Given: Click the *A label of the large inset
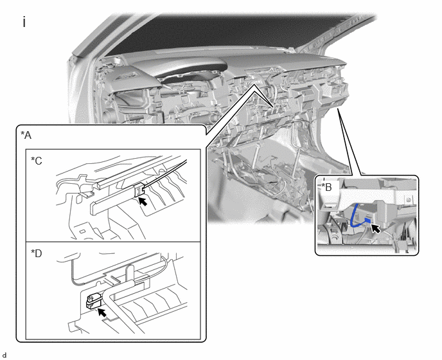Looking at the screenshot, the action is [26, 136].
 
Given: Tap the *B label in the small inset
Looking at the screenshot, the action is [327, 187].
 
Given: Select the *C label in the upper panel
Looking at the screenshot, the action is [37, 161].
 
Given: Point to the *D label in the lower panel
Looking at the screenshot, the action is [37, 253].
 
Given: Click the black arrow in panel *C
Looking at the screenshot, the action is [143, 201].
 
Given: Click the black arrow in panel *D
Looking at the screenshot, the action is [102, 312].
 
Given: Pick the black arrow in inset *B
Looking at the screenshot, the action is [375, 228].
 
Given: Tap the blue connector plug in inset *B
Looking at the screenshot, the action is [367, 219].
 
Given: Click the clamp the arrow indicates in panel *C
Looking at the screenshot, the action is [139, 189].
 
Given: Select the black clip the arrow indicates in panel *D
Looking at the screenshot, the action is [93, 301].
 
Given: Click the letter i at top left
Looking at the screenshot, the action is [24, 22].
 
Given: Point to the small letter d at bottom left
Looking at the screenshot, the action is [4, 355].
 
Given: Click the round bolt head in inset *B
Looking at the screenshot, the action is [408, 200].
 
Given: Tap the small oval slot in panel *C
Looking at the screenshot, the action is [82, 231].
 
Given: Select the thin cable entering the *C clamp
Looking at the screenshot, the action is [165, 172].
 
